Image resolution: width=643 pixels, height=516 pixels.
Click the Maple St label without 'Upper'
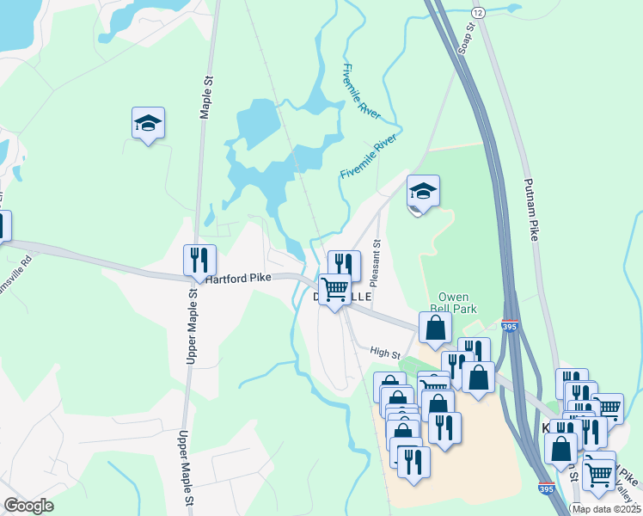[207, 97]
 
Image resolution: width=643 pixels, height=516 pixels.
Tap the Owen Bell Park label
[452, 302]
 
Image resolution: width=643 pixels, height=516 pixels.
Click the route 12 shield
[479, 12]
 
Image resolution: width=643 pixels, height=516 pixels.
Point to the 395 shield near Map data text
[545, 488]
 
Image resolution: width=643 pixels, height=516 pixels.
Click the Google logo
[29, 506]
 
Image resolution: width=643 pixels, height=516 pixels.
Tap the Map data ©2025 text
[606, 509]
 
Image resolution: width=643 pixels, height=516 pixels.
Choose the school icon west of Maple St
[149, 123]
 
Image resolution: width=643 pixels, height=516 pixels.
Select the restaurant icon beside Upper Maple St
[199, 258]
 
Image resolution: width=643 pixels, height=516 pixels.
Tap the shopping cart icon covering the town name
[334, 288]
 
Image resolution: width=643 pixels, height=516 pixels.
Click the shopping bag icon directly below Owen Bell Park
[436, 327]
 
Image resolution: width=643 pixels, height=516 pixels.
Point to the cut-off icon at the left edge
[3, 225]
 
